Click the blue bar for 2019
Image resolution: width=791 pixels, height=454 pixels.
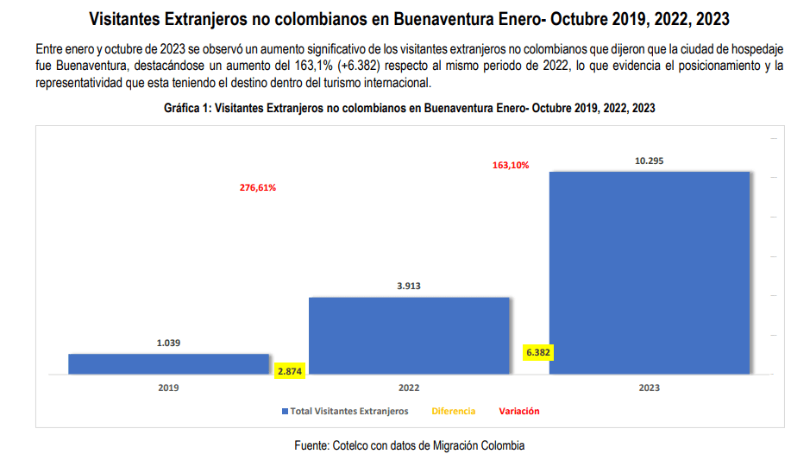(x=169, y=363)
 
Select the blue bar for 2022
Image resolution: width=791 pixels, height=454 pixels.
(x=409, y=336)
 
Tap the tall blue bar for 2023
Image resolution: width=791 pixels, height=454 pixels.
(x=649, y=273)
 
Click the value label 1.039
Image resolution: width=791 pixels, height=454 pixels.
(x=169, y=343)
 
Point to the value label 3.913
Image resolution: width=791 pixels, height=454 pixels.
(x=409, y=286)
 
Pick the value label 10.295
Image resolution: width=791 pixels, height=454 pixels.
(x=649, y=161)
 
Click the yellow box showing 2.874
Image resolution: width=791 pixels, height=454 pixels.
(x=289, y=371)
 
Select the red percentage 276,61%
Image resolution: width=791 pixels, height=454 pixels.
(x=258, y=187)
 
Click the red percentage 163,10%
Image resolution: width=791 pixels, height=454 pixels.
(x=511, y=165)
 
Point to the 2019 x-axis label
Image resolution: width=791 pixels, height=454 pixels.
(x=169, y=388)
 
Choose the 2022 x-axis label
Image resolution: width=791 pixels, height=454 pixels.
(x=409, y=388)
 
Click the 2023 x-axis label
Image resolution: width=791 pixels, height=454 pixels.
(x=649, y=388)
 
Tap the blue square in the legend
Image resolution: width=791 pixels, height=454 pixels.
(x=285, y=412)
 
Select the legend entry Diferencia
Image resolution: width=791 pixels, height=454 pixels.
(x=454, y=412)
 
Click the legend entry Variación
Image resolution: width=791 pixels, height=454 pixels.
(x=519, y=412)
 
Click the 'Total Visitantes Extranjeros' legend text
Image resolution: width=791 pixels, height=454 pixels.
(x=349, y=412)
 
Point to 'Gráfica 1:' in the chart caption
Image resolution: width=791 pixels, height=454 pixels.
(x=187, y=109)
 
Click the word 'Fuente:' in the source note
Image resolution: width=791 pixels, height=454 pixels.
(x=312, y=445)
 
